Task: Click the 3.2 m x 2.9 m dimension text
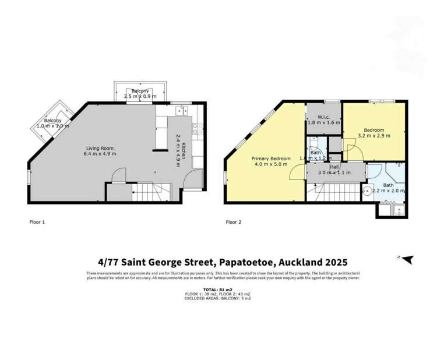point(373,136)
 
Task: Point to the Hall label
point(334,167)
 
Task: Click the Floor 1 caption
point(37,222)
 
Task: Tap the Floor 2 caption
point(234,222)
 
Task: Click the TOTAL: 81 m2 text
point(217,290)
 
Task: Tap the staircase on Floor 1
point(150,190)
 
